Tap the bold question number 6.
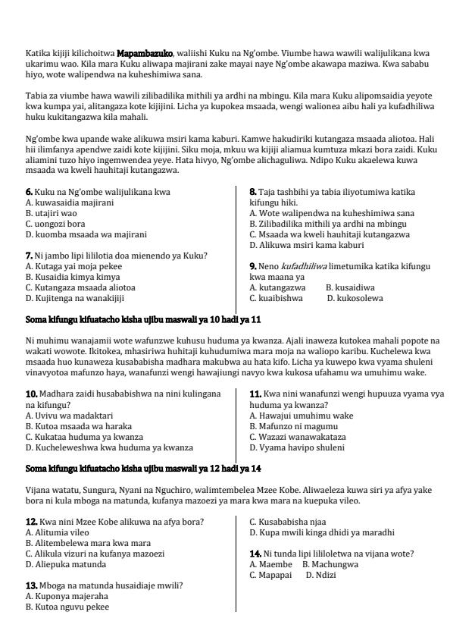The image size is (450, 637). tap(29, 193)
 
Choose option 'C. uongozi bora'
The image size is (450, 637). tap(55, 224)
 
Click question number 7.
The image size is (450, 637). tap(29, 256)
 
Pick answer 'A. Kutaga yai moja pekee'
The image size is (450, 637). tap(69, 267)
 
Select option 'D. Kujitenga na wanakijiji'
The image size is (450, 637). tap(73, 299)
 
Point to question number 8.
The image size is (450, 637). tap(253, 193)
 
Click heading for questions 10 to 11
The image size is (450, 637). tap(143, 321)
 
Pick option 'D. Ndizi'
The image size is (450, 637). tap(321, 575)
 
